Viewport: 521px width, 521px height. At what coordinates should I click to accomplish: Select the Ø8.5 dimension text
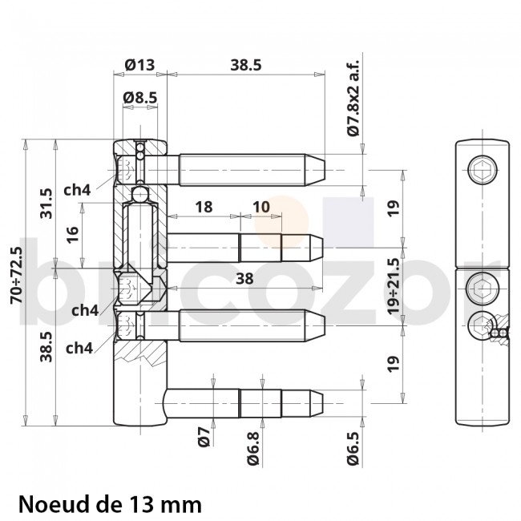click(139, 98)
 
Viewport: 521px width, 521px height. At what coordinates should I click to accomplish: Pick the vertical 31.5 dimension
click(46, 204)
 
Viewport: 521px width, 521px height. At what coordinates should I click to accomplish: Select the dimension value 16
click(73, 234)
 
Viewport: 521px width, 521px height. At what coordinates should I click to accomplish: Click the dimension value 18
click(204, 207)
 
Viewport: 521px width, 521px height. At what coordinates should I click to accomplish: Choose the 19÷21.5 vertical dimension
click(394, 286)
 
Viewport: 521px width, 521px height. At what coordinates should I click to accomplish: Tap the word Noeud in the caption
click(50, 505)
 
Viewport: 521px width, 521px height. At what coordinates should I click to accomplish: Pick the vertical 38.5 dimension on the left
click(46, 347)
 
